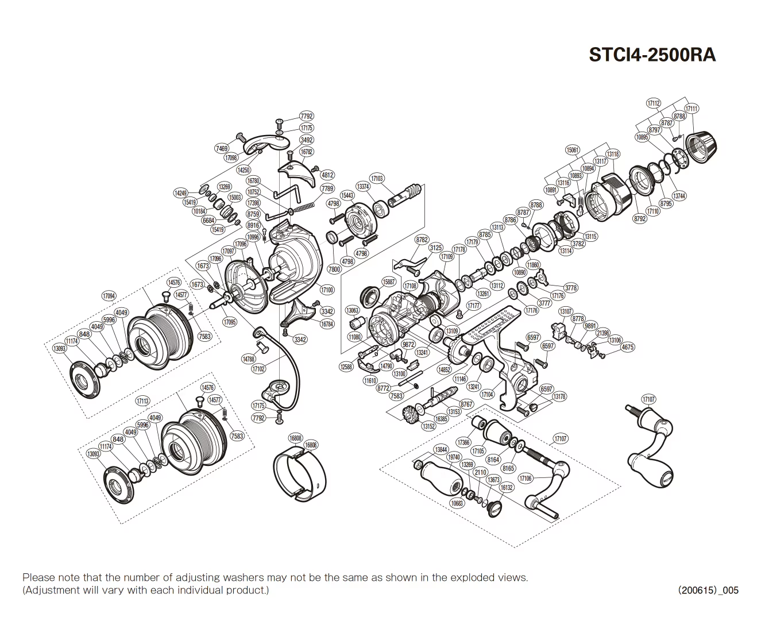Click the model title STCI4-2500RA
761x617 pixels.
[x=652, y=55]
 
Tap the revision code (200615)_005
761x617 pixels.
[x=708, y=590]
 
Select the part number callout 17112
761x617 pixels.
[x=654, y=103]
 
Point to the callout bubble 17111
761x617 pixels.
[x=693, y=109]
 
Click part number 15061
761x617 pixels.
[x=573, y=150]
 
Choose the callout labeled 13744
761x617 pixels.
[x=679, y=196]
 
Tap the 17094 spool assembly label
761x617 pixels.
[x=109, y=296]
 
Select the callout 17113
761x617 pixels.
[x=142, y=402]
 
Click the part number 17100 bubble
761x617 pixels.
[x=327, y=291]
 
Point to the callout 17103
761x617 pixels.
[x=377, y=179]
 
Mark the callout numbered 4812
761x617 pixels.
[x=327, y=175]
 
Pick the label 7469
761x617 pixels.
[x=222, y=149]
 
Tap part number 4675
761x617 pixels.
[x=628, y=347]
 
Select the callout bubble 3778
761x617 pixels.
[x=570, y=288]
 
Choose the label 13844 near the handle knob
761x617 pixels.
[x=441, y=449]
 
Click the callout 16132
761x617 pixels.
[x=506, y=487]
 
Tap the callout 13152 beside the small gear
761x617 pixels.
[x=428, y=426]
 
